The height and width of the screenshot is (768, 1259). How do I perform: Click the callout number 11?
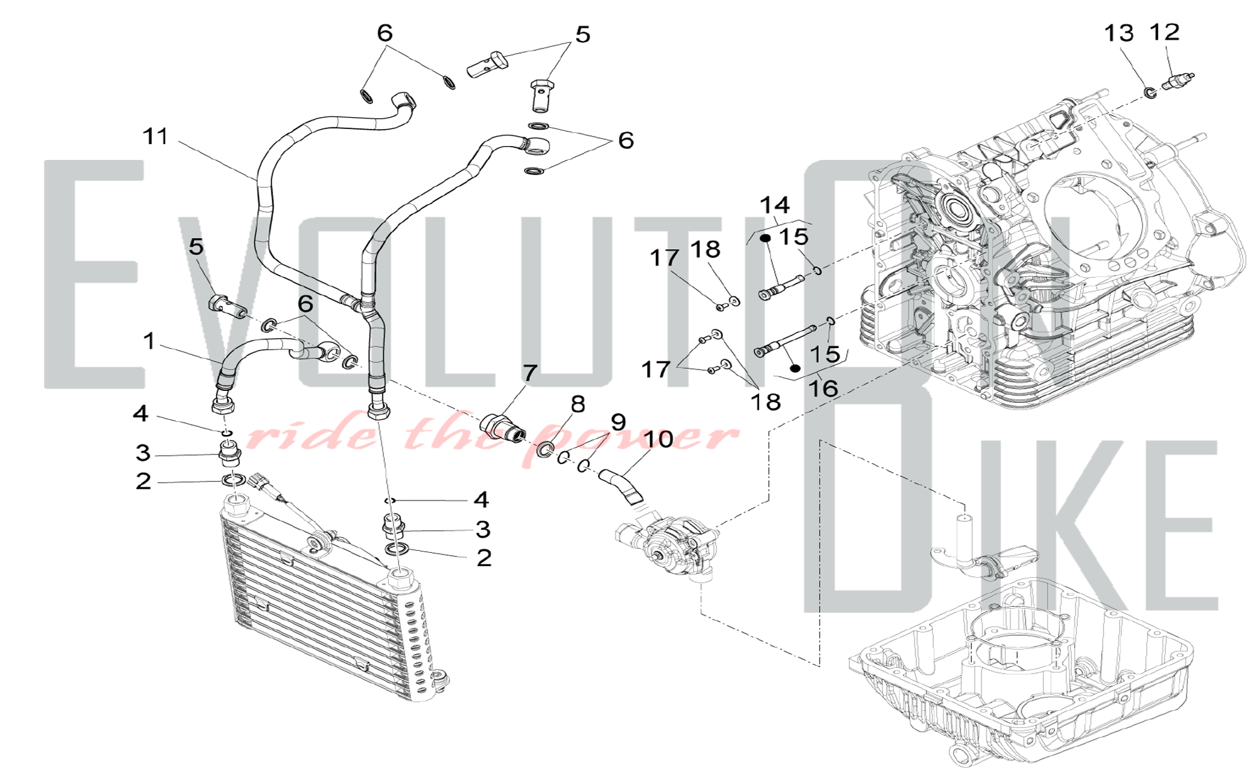[x=155, y=136]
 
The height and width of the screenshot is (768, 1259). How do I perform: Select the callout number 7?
[x=529, y=373]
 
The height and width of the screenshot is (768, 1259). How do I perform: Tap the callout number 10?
[x=658, y=439]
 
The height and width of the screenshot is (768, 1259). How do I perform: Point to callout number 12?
[x=1165, y=31]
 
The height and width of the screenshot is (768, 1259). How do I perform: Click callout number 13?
[x=1119, y=33]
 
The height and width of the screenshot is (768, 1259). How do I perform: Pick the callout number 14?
[x=774, y=205]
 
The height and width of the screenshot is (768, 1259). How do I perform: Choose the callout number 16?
[x=823, y=388]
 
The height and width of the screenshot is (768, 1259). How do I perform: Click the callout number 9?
[x=618, y=422]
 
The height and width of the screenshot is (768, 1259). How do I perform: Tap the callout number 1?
[x=149, y=341]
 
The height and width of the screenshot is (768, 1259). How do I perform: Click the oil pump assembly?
[x=669, y=545]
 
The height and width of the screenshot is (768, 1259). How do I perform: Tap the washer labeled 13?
[x=1150, y=94]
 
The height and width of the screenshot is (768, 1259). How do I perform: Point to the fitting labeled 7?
[x=503, y=426]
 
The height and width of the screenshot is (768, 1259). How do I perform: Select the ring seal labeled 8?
[x=544, y=449]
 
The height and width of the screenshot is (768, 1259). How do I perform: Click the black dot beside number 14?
[x=765, y=239]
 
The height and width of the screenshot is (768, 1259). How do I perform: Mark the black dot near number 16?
[x=795, y=368]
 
